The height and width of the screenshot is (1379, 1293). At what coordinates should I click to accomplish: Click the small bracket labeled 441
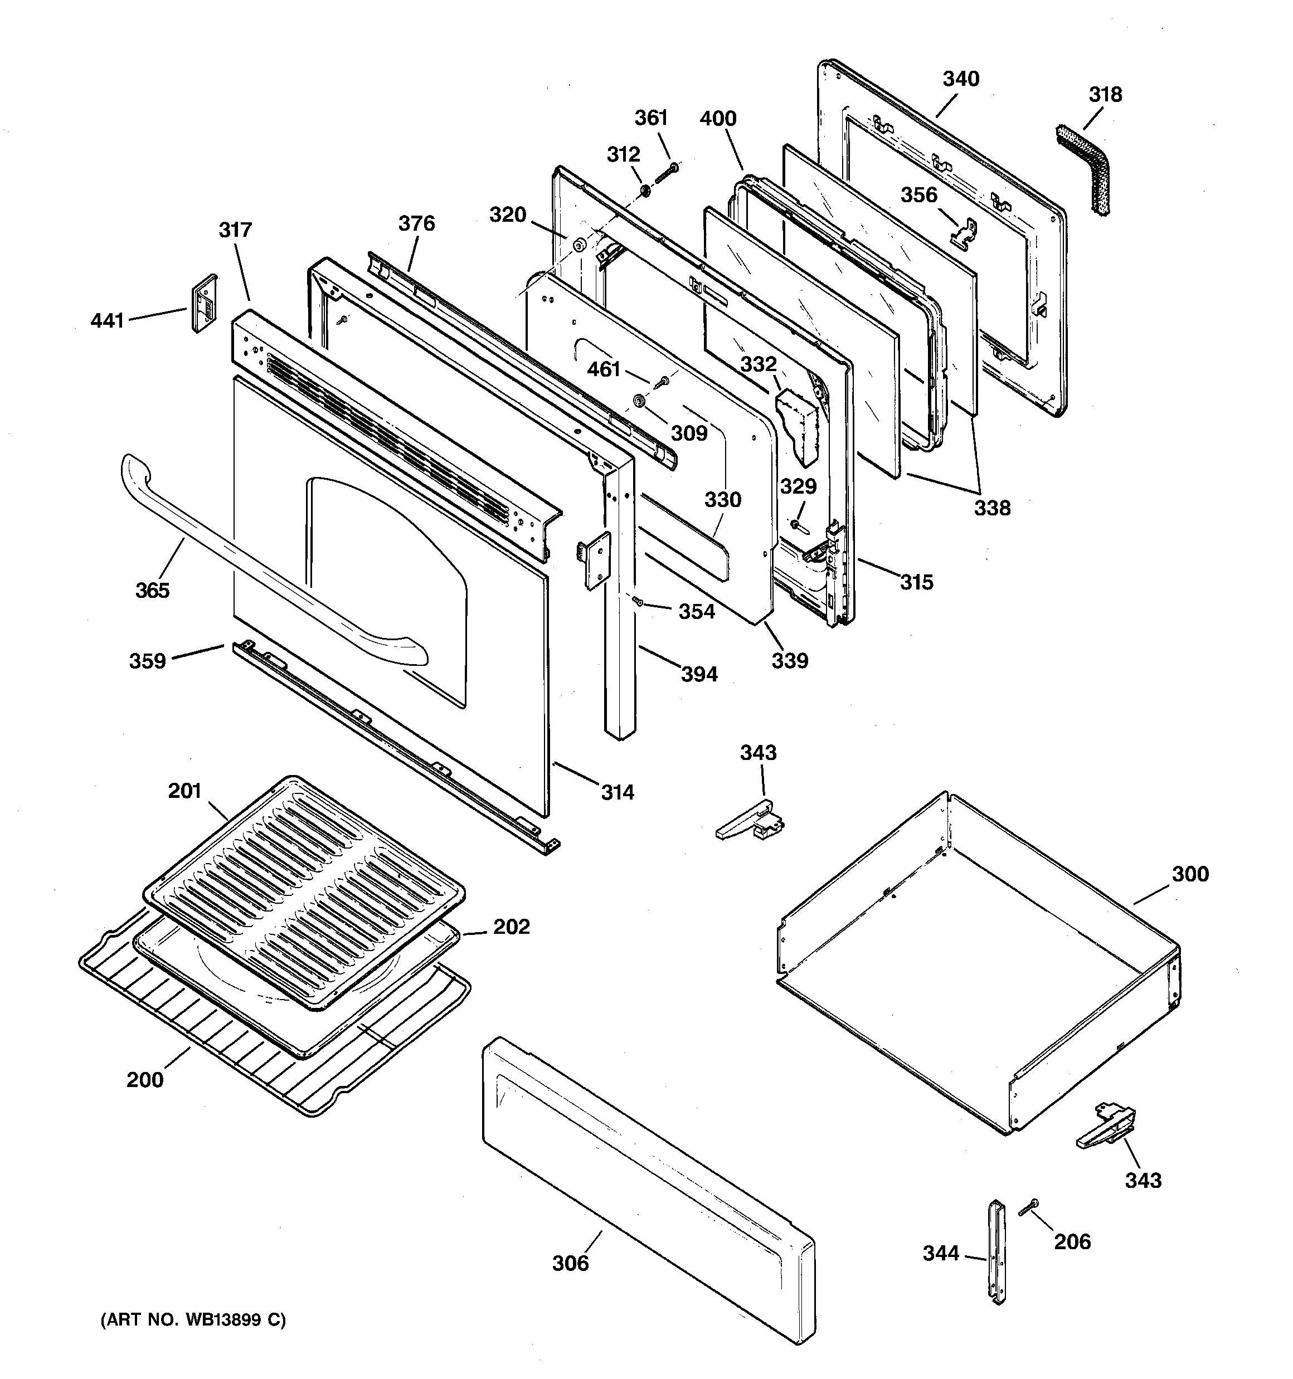point(203,303)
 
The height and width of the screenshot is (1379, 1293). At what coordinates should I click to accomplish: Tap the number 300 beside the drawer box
point(1190,874)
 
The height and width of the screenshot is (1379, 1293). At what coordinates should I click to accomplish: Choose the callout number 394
point(699,674)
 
